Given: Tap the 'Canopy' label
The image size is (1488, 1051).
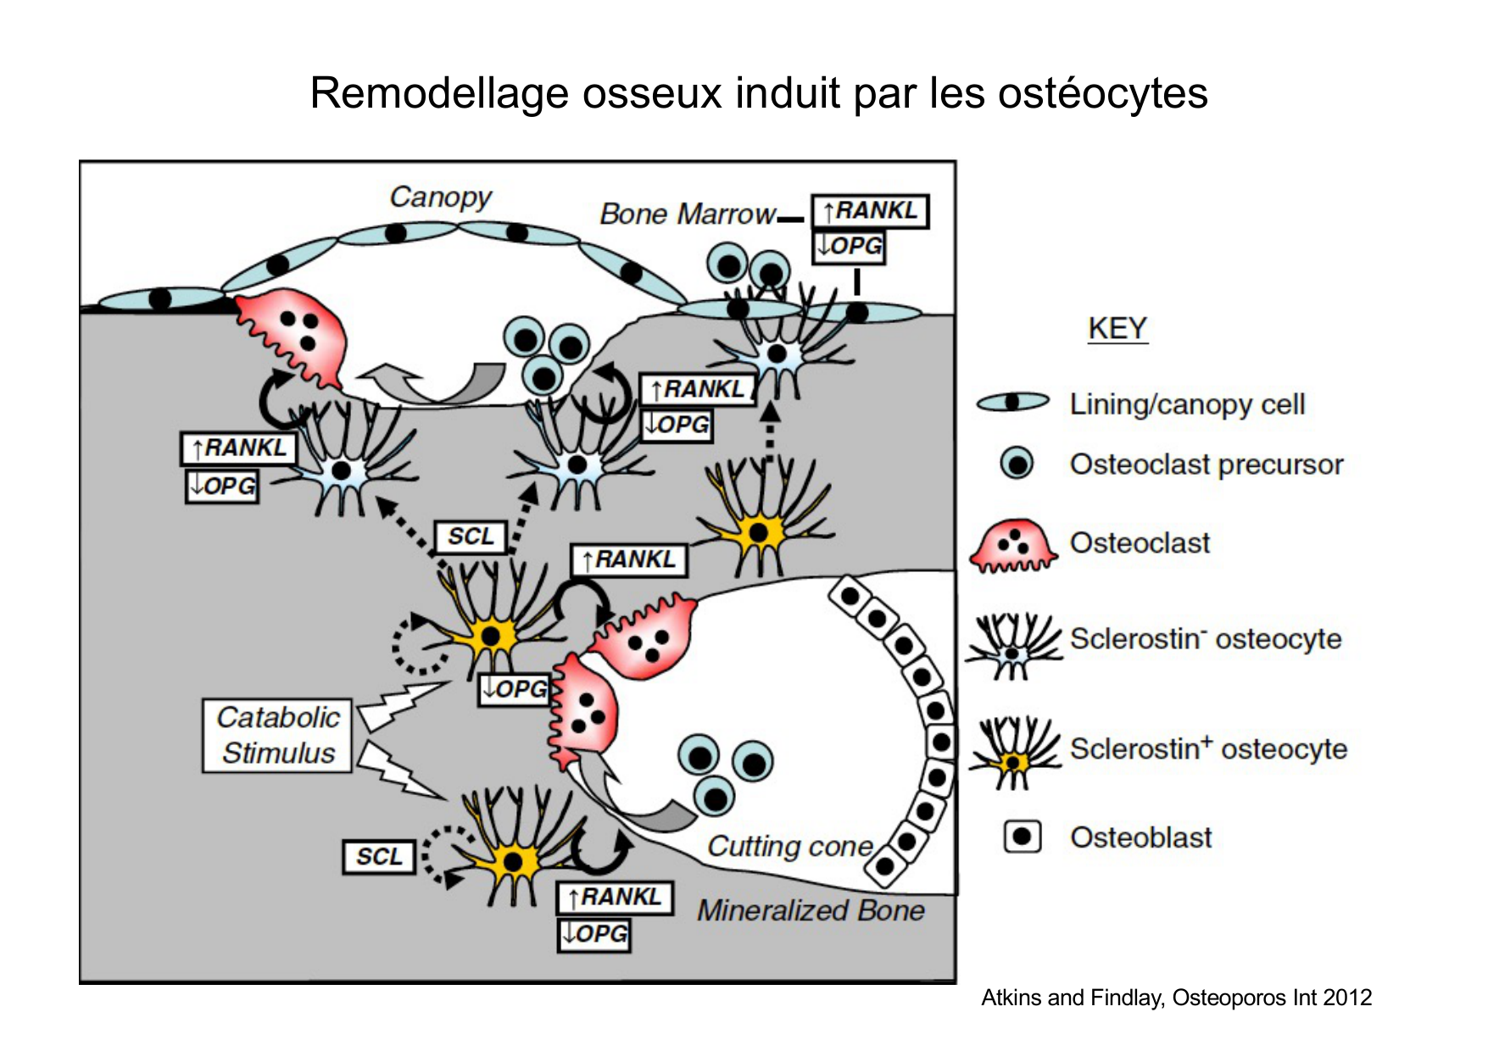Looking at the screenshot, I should coord(440,197).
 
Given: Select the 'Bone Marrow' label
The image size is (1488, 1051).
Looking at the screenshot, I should coord(687,214).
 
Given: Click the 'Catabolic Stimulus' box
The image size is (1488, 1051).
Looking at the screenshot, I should coord(277,735).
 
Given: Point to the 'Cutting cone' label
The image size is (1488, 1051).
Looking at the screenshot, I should coord(789,846).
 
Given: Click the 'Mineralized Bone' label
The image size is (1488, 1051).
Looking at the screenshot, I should coord(811,910).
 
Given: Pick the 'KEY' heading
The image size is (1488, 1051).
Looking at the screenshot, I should coord(1117,328).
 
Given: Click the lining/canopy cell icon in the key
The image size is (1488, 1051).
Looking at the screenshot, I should coord(1012,403).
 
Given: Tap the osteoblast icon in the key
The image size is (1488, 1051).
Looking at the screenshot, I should coord(1022,837).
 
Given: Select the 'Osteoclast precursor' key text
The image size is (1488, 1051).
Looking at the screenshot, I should coord(1206,464).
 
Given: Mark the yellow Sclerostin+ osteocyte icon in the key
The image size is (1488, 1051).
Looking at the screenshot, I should coord(1014,751).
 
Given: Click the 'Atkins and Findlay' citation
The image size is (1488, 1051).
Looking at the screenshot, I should coord(1176,998).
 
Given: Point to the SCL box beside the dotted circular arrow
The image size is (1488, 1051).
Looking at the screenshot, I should coord(379,857).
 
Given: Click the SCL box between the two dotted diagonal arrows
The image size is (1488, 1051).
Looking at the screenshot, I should coord(471,537).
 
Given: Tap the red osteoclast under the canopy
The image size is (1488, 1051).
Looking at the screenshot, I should coord(293,335).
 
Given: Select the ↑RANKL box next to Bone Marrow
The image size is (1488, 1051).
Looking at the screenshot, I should coord(870,211).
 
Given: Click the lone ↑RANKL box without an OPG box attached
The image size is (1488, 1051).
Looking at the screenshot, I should coord(628,559).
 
